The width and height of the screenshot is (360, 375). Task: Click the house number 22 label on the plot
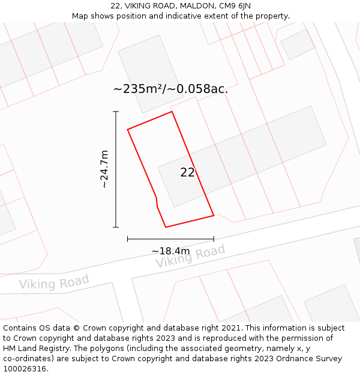click(x=187, y=173)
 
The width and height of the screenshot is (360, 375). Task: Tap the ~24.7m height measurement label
click(x=104, y=169)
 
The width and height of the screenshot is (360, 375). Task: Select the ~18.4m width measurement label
click(x=170, y=251)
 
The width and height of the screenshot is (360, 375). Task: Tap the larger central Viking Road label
click(x=190, y=256)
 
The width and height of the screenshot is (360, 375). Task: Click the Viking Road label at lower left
click(x=54, y=281)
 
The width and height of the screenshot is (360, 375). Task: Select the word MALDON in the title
click(x=197, y=6)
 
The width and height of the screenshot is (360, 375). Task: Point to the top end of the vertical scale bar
click(x=116, y=112)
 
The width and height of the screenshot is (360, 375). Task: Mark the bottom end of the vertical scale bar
click(x=116, y=227)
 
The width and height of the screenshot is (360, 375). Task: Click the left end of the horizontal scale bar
click(x=128, y=239)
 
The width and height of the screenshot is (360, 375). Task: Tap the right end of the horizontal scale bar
click(x=214, y=239)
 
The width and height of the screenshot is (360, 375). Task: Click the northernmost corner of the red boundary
click(x=172, y=112)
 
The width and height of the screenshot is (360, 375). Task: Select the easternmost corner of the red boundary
click(x=214, y=215)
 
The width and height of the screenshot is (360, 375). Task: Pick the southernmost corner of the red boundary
click(x=166, y=227)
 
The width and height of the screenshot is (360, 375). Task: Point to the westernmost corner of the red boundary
click(x=128, y=129)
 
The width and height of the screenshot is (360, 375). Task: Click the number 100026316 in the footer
click(x=25, y=369)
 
